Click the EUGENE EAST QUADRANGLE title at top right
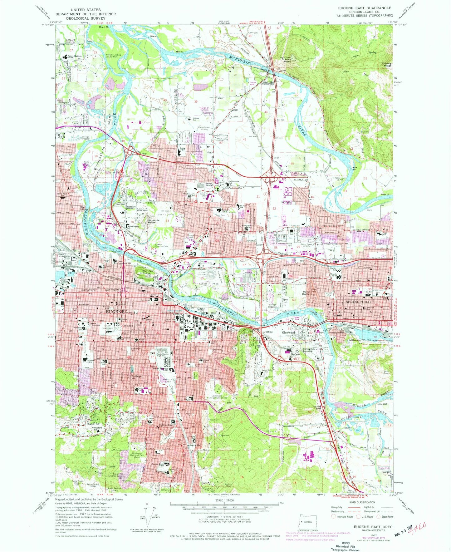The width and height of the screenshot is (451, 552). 365,8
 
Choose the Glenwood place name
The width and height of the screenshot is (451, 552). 288,333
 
